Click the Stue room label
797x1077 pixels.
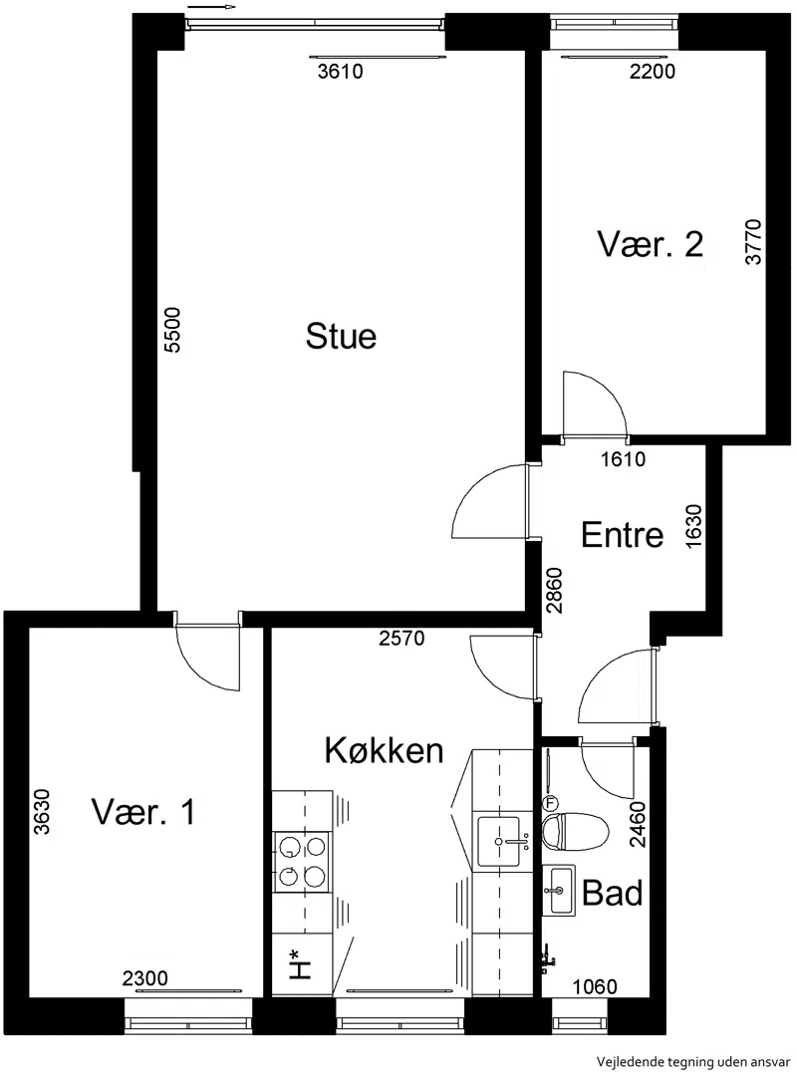(341, 336)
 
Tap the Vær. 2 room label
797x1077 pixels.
(650, 244)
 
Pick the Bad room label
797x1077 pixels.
(612, 893)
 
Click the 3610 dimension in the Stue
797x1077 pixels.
(340, 72)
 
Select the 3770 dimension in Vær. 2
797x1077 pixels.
(754, 242)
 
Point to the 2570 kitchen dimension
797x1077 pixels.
(401, 639)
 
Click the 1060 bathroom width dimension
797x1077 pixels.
(595, 987)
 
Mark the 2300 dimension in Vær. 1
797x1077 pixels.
(145, 977)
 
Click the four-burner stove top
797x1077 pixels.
(301, 862)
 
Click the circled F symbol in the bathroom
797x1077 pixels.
(549, 803)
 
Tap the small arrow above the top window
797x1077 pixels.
(211, 6)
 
